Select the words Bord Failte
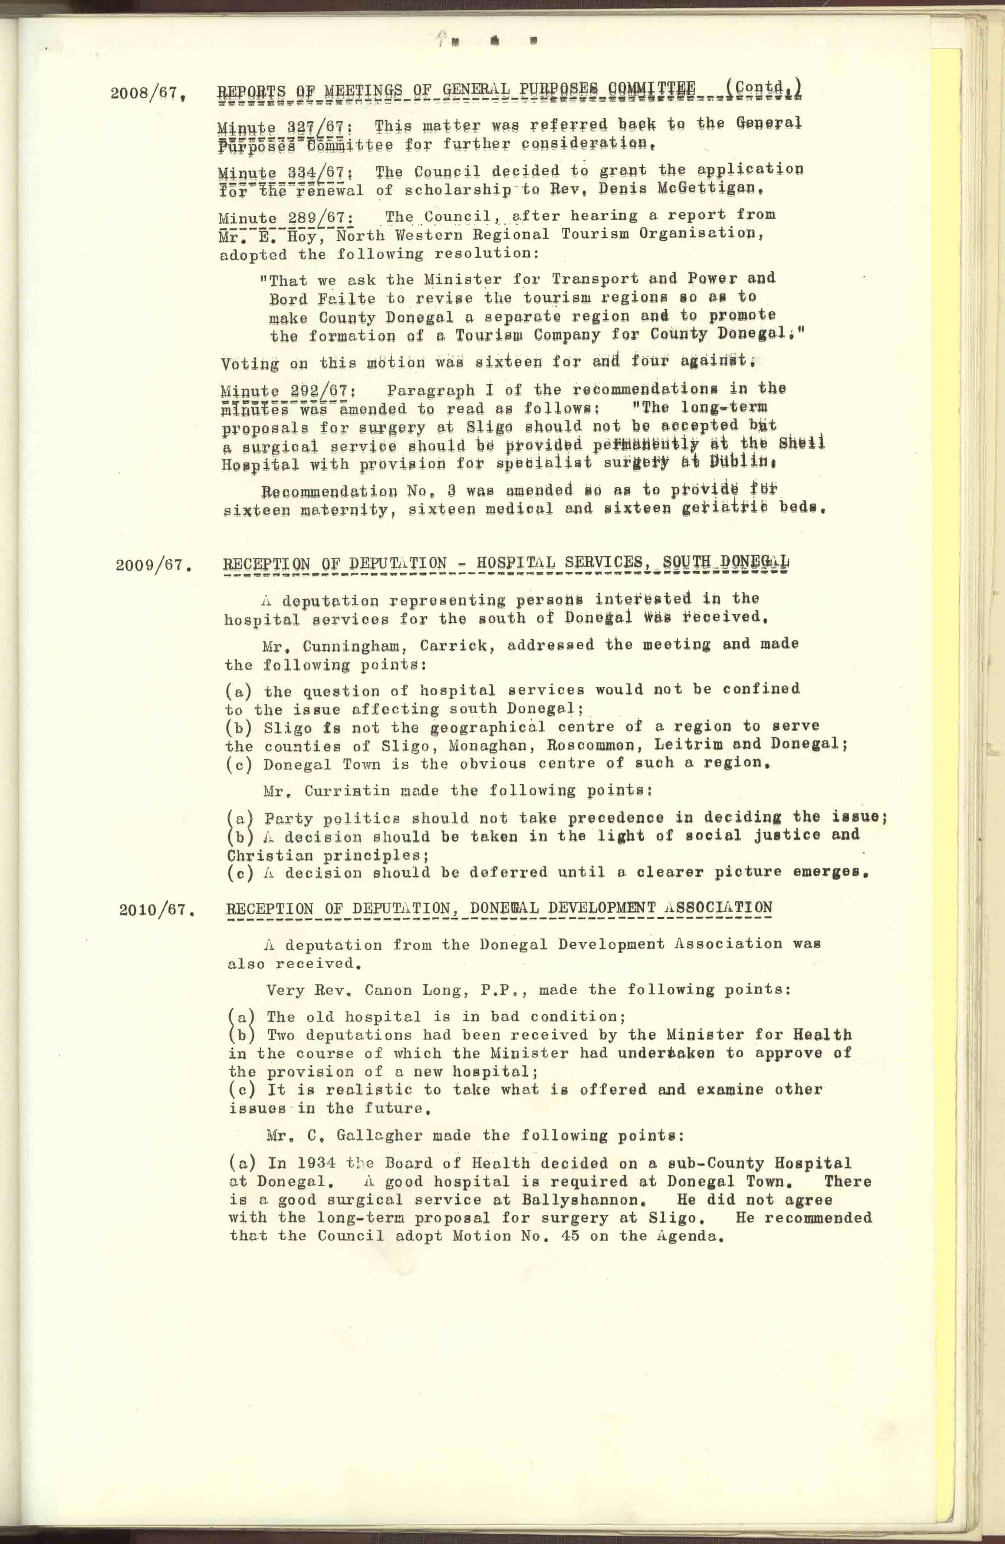coord(322,298)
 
